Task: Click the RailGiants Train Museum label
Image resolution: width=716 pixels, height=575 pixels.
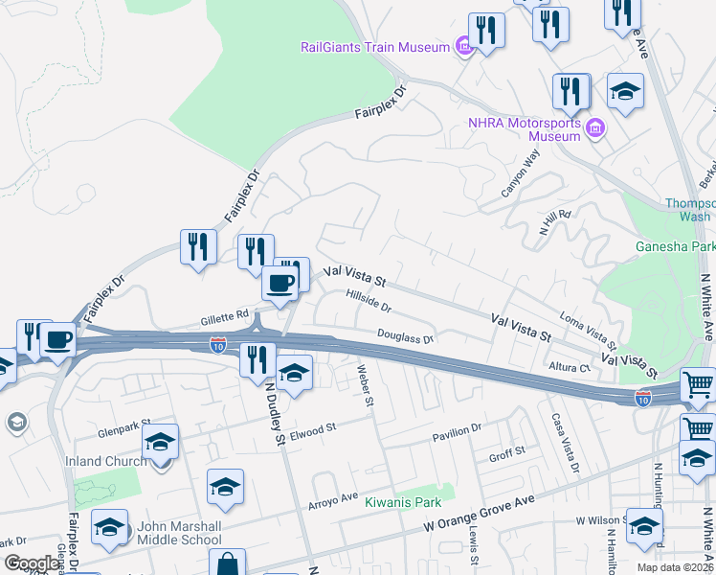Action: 375,47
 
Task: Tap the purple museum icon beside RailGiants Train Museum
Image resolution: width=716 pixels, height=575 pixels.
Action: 464,46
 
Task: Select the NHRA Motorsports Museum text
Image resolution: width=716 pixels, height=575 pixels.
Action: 525,129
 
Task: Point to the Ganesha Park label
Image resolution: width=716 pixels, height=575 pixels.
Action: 675,246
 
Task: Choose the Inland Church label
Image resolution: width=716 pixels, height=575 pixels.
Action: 97,461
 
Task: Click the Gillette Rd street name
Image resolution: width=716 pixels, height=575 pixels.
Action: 224,313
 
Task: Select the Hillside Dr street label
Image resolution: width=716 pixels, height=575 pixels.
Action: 369,303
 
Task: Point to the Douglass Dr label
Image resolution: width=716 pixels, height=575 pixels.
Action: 405,337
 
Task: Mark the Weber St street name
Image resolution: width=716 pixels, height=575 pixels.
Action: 363,384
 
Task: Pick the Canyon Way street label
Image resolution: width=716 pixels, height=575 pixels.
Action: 521,172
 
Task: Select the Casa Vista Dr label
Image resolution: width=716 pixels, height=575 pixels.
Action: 565,442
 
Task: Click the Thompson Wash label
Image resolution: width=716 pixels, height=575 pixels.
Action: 690,210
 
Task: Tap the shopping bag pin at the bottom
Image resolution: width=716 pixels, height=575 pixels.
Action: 227,564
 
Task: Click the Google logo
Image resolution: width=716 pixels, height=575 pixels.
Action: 32,563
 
